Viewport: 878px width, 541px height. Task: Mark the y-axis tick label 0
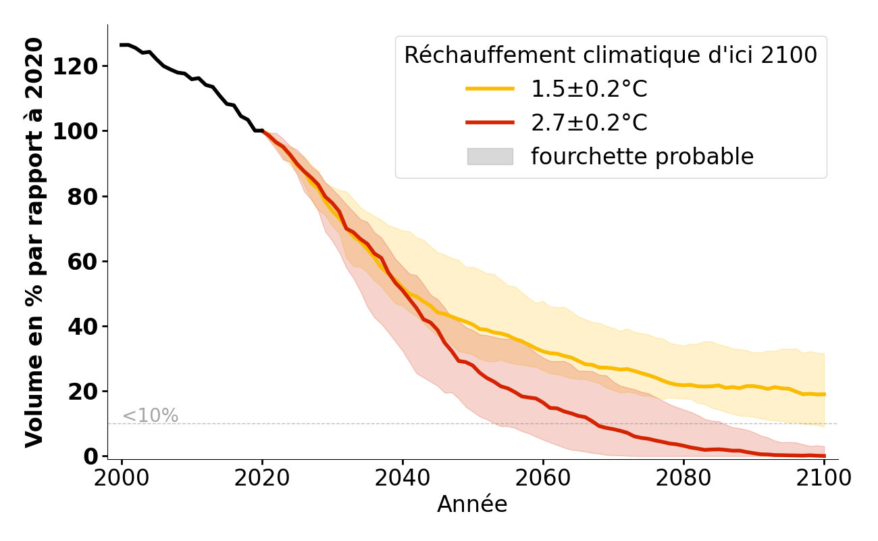[91, 456]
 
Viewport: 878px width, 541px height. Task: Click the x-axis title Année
[472, 504]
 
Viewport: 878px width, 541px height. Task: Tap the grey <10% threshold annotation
[150, 416]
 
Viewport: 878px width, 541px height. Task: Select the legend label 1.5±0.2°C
[589, 89]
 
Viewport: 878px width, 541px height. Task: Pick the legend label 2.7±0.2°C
[589, 123]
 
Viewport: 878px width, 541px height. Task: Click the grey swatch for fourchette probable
[490, 157]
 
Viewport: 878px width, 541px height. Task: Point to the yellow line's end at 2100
[824, 394]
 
